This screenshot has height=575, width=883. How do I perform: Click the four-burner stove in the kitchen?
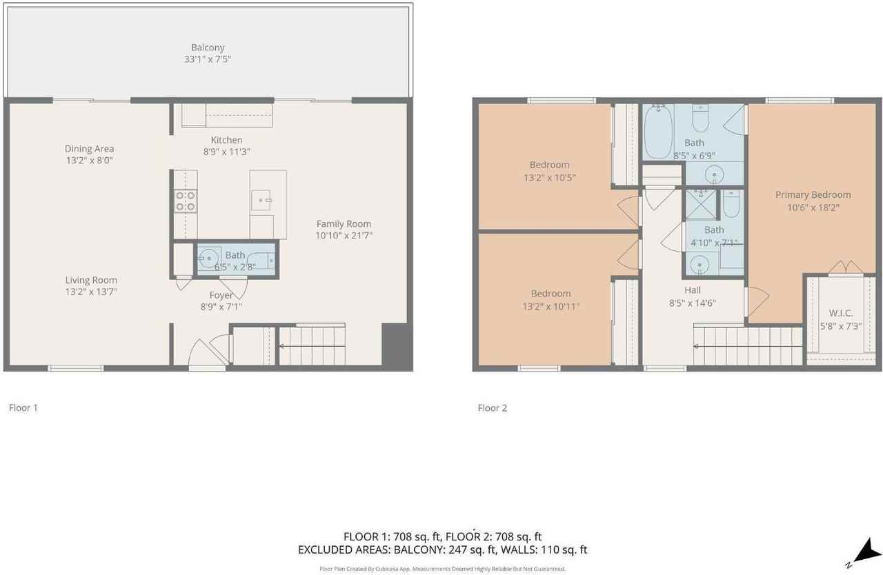tap(185, 201)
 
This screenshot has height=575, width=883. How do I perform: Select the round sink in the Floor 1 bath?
tap(208, 259)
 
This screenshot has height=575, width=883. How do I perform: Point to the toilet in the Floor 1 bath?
tap(264, 261)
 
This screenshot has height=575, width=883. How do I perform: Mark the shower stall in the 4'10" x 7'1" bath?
tap(701, 204)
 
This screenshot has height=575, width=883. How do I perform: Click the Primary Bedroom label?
tap(813, 194)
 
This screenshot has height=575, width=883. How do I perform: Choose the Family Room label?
tap(344, 223)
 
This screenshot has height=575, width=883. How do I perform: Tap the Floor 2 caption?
tap(492, 408)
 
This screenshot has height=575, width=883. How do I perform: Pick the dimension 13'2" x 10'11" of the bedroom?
tap(550, 305)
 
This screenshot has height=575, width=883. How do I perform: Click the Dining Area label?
tap(89, 148)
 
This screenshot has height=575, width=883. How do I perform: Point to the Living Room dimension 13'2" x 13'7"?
tap(91, 292)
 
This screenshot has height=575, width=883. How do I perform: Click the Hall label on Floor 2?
tap(693, 290)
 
